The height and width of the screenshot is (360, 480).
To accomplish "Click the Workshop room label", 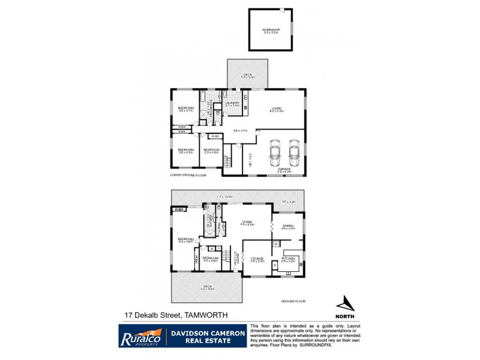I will pos(270,31).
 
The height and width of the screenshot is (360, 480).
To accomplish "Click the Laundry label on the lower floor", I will pos(232,104).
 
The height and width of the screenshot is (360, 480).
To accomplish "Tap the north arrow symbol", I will pos(344,304).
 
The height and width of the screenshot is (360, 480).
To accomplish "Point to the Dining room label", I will pos(289,227).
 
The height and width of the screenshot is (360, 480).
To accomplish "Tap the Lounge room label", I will pos(257,260).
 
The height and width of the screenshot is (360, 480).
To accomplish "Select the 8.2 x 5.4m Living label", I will pos(276,110).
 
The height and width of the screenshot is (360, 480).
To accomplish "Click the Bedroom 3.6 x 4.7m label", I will pos(185,109).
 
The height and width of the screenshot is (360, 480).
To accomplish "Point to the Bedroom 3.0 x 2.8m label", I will pos(210,259).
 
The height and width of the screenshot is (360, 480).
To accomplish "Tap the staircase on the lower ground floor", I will pos(227,160).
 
